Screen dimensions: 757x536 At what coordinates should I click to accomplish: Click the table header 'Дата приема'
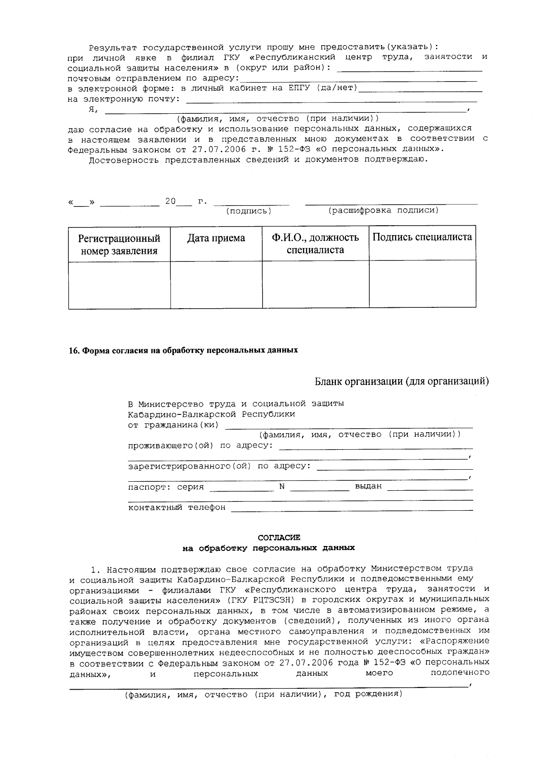216,238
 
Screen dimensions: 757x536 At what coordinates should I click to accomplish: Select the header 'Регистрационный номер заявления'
119,244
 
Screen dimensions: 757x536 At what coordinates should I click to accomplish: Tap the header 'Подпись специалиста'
422,237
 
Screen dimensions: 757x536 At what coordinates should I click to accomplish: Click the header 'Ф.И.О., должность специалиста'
315,244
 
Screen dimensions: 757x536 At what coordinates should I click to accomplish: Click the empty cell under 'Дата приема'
216,284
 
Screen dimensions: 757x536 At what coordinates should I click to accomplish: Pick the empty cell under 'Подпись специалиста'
422,284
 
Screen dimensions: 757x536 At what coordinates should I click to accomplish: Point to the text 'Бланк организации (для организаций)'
402,381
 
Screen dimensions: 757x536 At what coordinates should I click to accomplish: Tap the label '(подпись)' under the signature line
249,211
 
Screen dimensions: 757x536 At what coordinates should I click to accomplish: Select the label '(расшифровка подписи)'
383,210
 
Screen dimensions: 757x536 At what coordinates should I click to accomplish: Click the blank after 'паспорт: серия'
241,488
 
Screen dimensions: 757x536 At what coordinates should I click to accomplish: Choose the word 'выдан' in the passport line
368,486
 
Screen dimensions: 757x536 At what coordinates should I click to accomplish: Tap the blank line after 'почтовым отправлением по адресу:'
357,79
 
